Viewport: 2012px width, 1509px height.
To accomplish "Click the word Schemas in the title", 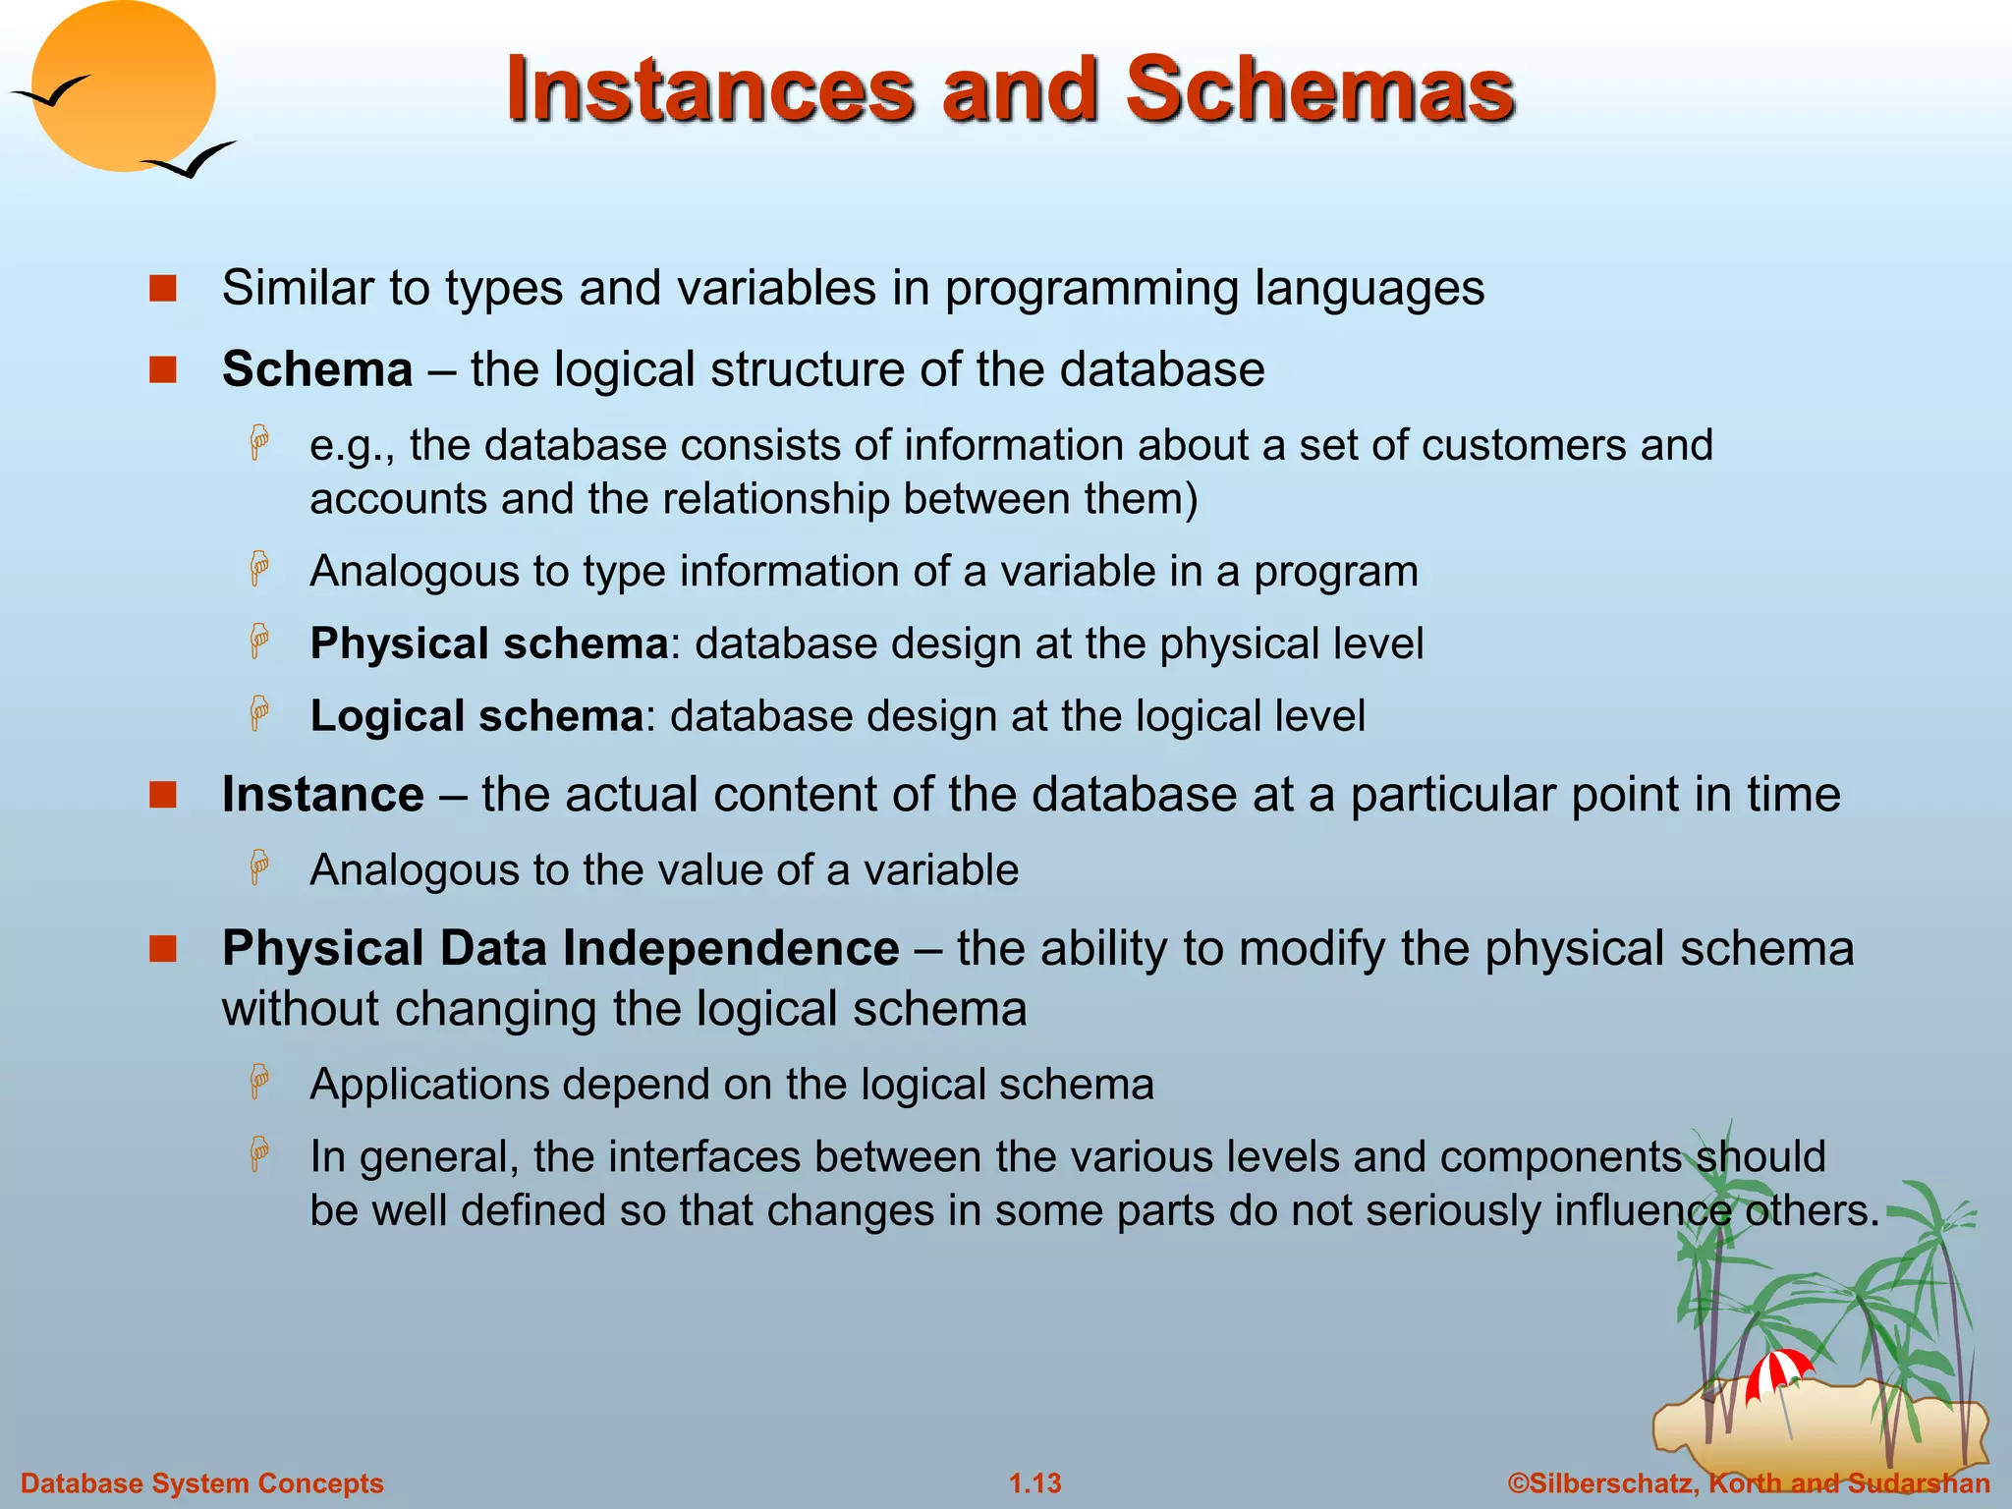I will (x=1319, y=90).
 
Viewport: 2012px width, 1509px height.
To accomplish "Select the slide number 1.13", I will (x=1035, y=1483).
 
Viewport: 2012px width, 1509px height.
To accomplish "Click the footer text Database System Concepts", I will (x=202, y=1483).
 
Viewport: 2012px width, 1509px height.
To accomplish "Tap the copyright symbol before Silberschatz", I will (x=1518, y=1483).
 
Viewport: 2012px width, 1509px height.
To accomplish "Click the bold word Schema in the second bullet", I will (x=317, y=370).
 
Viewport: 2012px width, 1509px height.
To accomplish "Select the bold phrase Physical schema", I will (x=489, y=644).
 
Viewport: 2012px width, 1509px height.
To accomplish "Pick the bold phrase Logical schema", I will (x=476, y=716).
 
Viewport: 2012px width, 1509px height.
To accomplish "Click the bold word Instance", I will (x=323, y=795).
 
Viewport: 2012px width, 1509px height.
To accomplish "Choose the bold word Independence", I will (x=731, y=949).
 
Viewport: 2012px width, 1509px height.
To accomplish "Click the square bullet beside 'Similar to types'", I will (x=163, y=289).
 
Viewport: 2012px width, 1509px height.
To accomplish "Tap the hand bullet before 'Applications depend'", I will (x=259, y=1082).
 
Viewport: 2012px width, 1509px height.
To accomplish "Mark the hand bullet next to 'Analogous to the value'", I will (x=259, y=867).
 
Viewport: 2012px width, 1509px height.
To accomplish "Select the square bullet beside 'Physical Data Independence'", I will (x=163, y=949).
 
